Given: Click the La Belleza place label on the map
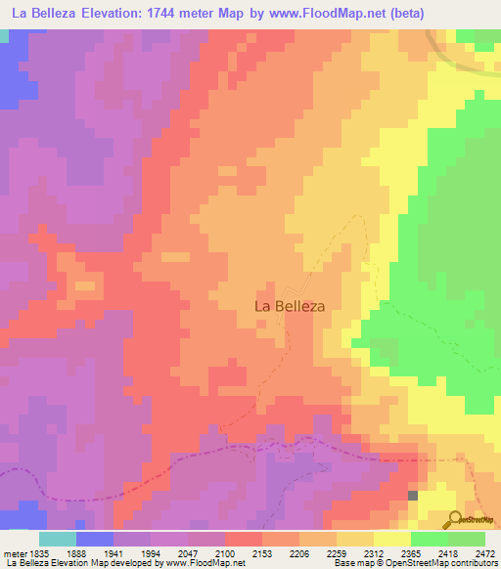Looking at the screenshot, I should point(290,305).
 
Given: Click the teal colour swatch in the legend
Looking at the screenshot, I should point(57,539).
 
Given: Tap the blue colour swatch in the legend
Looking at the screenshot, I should point(94,539).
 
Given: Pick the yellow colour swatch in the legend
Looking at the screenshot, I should point(391,539).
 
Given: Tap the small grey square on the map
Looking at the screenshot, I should point(413,496).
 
